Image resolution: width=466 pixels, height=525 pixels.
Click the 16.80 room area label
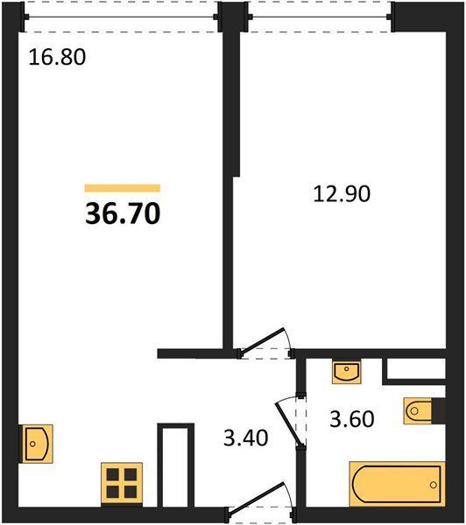click(57, 57)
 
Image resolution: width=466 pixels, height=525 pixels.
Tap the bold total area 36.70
click(123, 213)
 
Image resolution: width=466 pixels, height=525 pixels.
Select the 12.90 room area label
click(342, 194)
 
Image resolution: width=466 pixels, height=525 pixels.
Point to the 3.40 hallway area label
click(246, 438)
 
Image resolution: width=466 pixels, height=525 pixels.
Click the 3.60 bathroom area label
click(351, 419)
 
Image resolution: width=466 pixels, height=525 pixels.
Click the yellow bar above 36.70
click(123, 188)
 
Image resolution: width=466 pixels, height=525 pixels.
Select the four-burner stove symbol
click(122, 483)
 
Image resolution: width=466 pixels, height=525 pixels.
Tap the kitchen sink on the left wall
click(36, 444)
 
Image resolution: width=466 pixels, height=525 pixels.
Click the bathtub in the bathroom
click(398, 484)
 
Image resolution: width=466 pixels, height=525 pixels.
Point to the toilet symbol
click(418, 411)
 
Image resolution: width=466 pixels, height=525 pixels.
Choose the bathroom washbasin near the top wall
click(347, 371)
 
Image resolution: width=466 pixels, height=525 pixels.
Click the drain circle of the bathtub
click(434, 485)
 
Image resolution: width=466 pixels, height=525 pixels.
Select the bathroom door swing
click(289, 421)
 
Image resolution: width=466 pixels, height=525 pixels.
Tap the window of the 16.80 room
click(121, 17)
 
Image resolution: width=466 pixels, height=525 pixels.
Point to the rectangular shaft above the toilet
click(414, 371)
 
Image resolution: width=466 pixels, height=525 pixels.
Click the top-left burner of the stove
click(113, 474)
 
